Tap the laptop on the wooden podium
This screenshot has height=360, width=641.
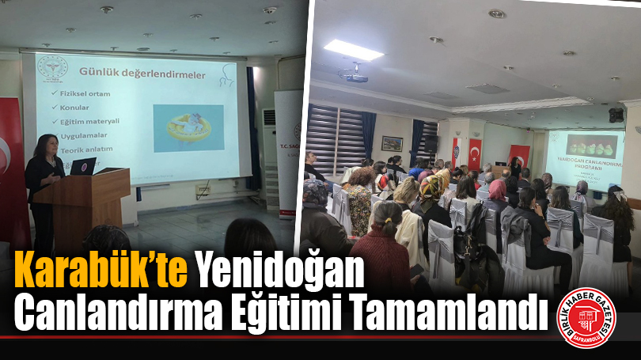click(x=83, y=166)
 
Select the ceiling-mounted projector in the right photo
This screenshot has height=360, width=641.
click(x=354, y=76)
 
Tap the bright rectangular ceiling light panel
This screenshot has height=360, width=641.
click(x=354, y=49)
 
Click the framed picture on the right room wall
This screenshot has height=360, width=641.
click(x=392, y=143)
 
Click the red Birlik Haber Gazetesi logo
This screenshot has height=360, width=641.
click(x=587, y=317)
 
